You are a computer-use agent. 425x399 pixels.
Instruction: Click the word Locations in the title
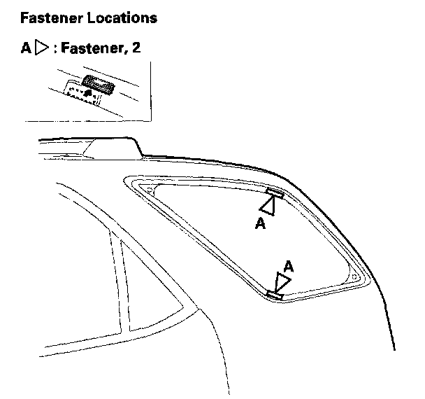122,17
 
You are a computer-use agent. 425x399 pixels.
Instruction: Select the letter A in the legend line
27,50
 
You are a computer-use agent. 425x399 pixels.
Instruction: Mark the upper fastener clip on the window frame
274,192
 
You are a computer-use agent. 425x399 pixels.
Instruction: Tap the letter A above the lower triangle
287,265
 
